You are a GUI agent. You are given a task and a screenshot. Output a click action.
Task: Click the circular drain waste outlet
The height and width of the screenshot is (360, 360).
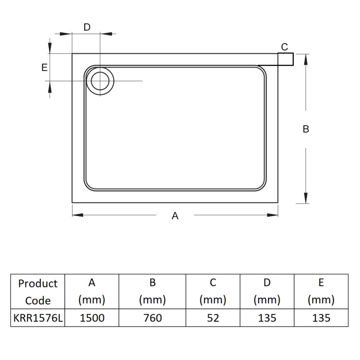pos(99,81)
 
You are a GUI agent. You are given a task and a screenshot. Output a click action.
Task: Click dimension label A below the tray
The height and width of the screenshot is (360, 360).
pos(175,216)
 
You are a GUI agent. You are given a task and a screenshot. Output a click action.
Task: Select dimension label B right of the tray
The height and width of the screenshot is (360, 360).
pos(306,129)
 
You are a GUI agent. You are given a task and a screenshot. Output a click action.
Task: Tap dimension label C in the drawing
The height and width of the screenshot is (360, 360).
pos(284,47)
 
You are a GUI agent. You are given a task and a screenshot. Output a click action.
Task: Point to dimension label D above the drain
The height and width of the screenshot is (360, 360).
pos(87,27)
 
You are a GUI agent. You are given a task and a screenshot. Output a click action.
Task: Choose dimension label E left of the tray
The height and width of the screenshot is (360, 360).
pos(44,67)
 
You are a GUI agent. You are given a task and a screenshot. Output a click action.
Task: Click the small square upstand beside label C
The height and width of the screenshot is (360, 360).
pos(286,59)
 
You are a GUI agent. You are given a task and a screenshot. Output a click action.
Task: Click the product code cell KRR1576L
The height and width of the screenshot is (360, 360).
pos(38,318)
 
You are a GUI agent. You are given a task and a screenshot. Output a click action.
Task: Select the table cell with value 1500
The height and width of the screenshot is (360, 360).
pos(92,318)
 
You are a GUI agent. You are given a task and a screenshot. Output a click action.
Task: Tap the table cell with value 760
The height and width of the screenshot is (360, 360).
pos(153,318)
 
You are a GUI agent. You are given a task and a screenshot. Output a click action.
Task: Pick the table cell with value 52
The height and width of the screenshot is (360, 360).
pos(213,318)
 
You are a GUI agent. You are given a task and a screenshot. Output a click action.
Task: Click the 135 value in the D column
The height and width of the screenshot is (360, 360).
pos(267,318)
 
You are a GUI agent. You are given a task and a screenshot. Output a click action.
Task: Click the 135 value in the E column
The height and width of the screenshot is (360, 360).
pos(321,318)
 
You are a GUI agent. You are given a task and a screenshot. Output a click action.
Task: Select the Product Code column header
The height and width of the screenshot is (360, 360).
pos(38,292)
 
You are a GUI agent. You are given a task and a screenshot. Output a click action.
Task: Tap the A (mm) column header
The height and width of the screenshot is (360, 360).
pos(92,292)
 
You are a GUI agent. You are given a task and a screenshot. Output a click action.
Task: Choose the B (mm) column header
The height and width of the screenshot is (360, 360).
pos(153,292)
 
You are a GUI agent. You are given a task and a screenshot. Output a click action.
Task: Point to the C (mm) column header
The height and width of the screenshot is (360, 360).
pos(213,292)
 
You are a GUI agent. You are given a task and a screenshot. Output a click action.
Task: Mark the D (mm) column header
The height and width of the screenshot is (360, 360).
pos(267,292)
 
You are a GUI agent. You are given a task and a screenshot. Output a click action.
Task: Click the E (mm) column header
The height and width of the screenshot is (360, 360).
pos(321,292)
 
